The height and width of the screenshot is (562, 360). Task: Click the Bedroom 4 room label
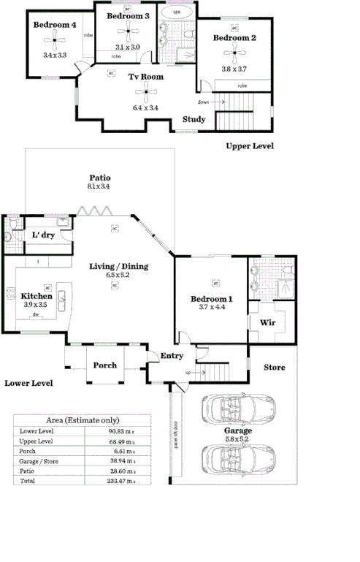[55, 25]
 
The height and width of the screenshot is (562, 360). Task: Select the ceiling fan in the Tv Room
[145, 91]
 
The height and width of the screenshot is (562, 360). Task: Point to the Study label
[194, 120]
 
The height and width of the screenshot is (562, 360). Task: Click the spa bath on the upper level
[177, 13]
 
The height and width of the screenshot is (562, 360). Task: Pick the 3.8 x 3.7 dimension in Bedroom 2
[234, 69]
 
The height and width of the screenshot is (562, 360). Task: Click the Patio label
[99, 178]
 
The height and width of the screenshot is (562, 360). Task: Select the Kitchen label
[37, 296]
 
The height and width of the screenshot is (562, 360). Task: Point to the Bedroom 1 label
[212, 299]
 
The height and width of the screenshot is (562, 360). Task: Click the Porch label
[105, 365]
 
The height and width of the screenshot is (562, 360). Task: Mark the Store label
[275, 367]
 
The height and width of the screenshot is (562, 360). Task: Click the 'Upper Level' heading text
[250, 146]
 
